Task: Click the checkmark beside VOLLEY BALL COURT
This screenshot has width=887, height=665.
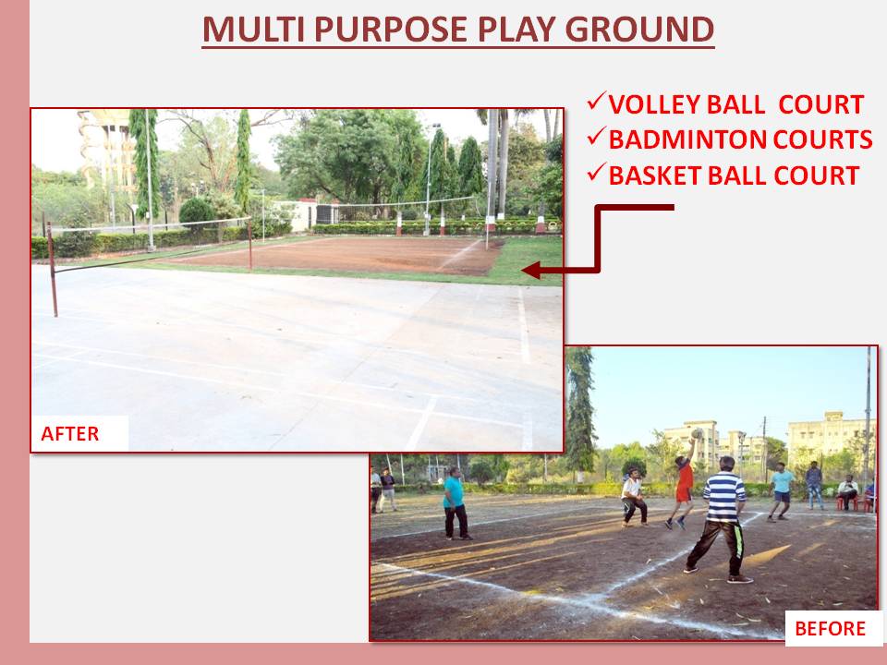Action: (x=596, y=102)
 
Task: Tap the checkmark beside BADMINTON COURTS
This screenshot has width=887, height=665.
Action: (x=596, y=137)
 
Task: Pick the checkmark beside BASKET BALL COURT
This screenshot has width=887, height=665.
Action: (x=596, y=173)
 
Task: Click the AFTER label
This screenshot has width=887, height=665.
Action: (x=70, y=434)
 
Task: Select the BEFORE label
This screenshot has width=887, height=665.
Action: (x=830, y=628)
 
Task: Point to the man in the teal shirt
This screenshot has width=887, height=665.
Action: (x=456, y=503)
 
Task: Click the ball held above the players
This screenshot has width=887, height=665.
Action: (x=697, y=434)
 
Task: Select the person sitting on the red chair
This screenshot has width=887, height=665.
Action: (x=847, y=492)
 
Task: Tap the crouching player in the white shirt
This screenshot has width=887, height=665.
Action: (x=634, y=498)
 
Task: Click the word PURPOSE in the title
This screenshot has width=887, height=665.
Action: (x=391, y=30)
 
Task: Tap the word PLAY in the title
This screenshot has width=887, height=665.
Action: (x=517, y=30)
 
